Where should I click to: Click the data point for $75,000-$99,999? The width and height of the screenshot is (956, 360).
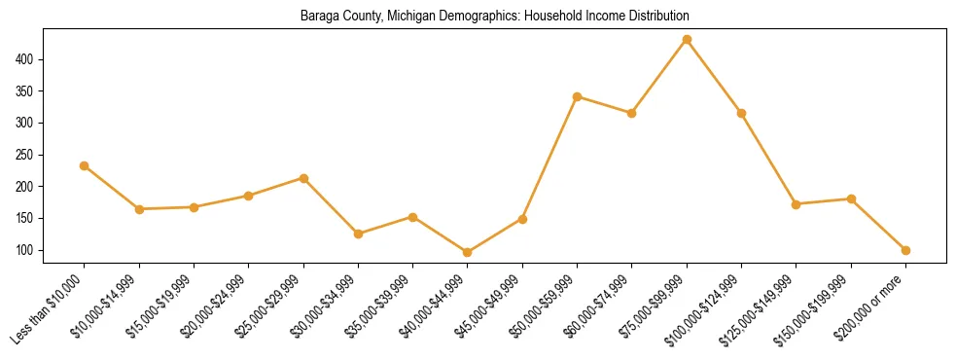click(x=687, y=39)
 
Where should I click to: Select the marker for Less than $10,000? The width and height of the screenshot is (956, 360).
click(x=85, y=165)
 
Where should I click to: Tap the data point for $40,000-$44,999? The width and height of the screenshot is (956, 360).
click(x=468, y=252)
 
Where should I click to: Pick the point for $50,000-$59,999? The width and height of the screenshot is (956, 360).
click(x=578, y=96)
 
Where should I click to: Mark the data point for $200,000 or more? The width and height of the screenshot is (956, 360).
click(x=905, y=250)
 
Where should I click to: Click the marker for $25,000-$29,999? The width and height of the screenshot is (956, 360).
click(x=303, y=178)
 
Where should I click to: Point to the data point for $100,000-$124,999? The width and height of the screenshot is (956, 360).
click(x=741, y=113)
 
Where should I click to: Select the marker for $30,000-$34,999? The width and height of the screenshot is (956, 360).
click(x=358, y=234)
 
